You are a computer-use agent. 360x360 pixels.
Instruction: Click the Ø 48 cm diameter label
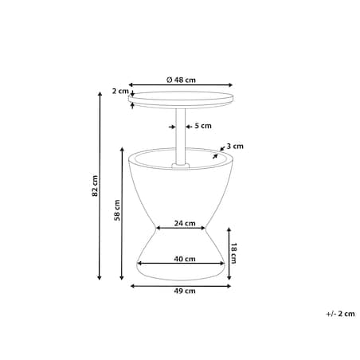point(181,80)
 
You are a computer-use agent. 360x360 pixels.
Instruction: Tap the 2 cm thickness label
point(120,91)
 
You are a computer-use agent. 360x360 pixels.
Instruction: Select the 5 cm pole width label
point(203,126)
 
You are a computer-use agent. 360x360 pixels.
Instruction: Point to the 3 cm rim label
point(235,147)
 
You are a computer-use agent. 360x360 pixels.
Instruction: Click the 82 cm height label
point(95,186)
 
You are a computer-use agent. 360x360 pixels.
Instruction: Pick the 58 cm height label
point(117,210)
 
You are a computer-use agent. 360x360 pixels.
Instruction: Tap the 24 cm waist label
point(185,223)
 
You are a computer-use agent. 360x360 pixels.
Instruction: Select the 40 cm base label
point(185,259)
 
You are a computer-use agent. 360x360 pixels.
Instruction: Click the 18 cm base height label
point(233,253)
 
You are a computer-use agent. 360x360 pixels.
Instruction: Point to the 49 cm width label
point(185,291)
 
